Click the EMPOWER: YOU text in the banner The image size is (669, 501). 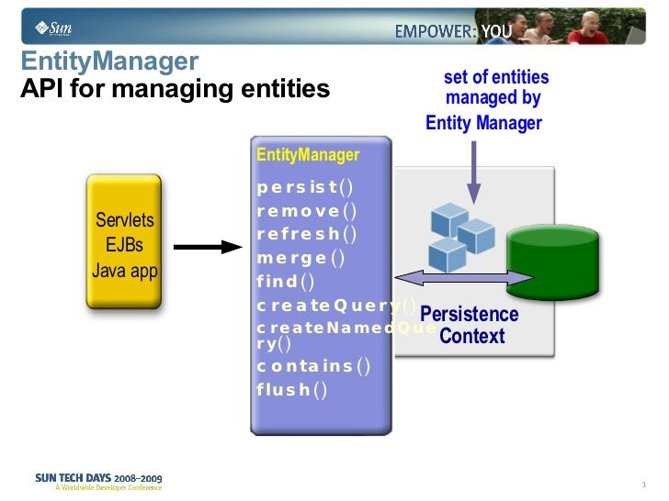453,31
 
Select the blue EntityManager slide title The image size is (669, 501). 109,62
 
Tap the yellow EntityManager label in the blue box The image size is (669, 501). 308,155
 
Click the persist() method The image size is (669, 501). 304,188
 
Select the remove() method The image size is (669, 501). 306,211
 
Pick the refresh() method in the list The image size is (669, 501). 307,233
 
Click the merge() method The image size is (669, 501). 300,258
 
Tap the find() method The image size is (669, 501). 285,282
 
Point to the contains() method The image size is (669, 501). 312,366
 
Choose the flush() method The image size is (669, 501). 291,390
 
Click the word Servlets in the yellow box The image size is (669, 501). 125,220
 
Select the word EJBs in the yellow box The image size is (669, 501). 124,246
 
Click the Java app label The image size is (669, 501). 124,271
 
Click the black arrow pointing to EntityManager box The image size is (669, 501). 207,246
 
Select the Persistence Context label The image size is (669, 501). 470,325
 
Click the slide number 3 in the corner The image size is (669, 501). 644,484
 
